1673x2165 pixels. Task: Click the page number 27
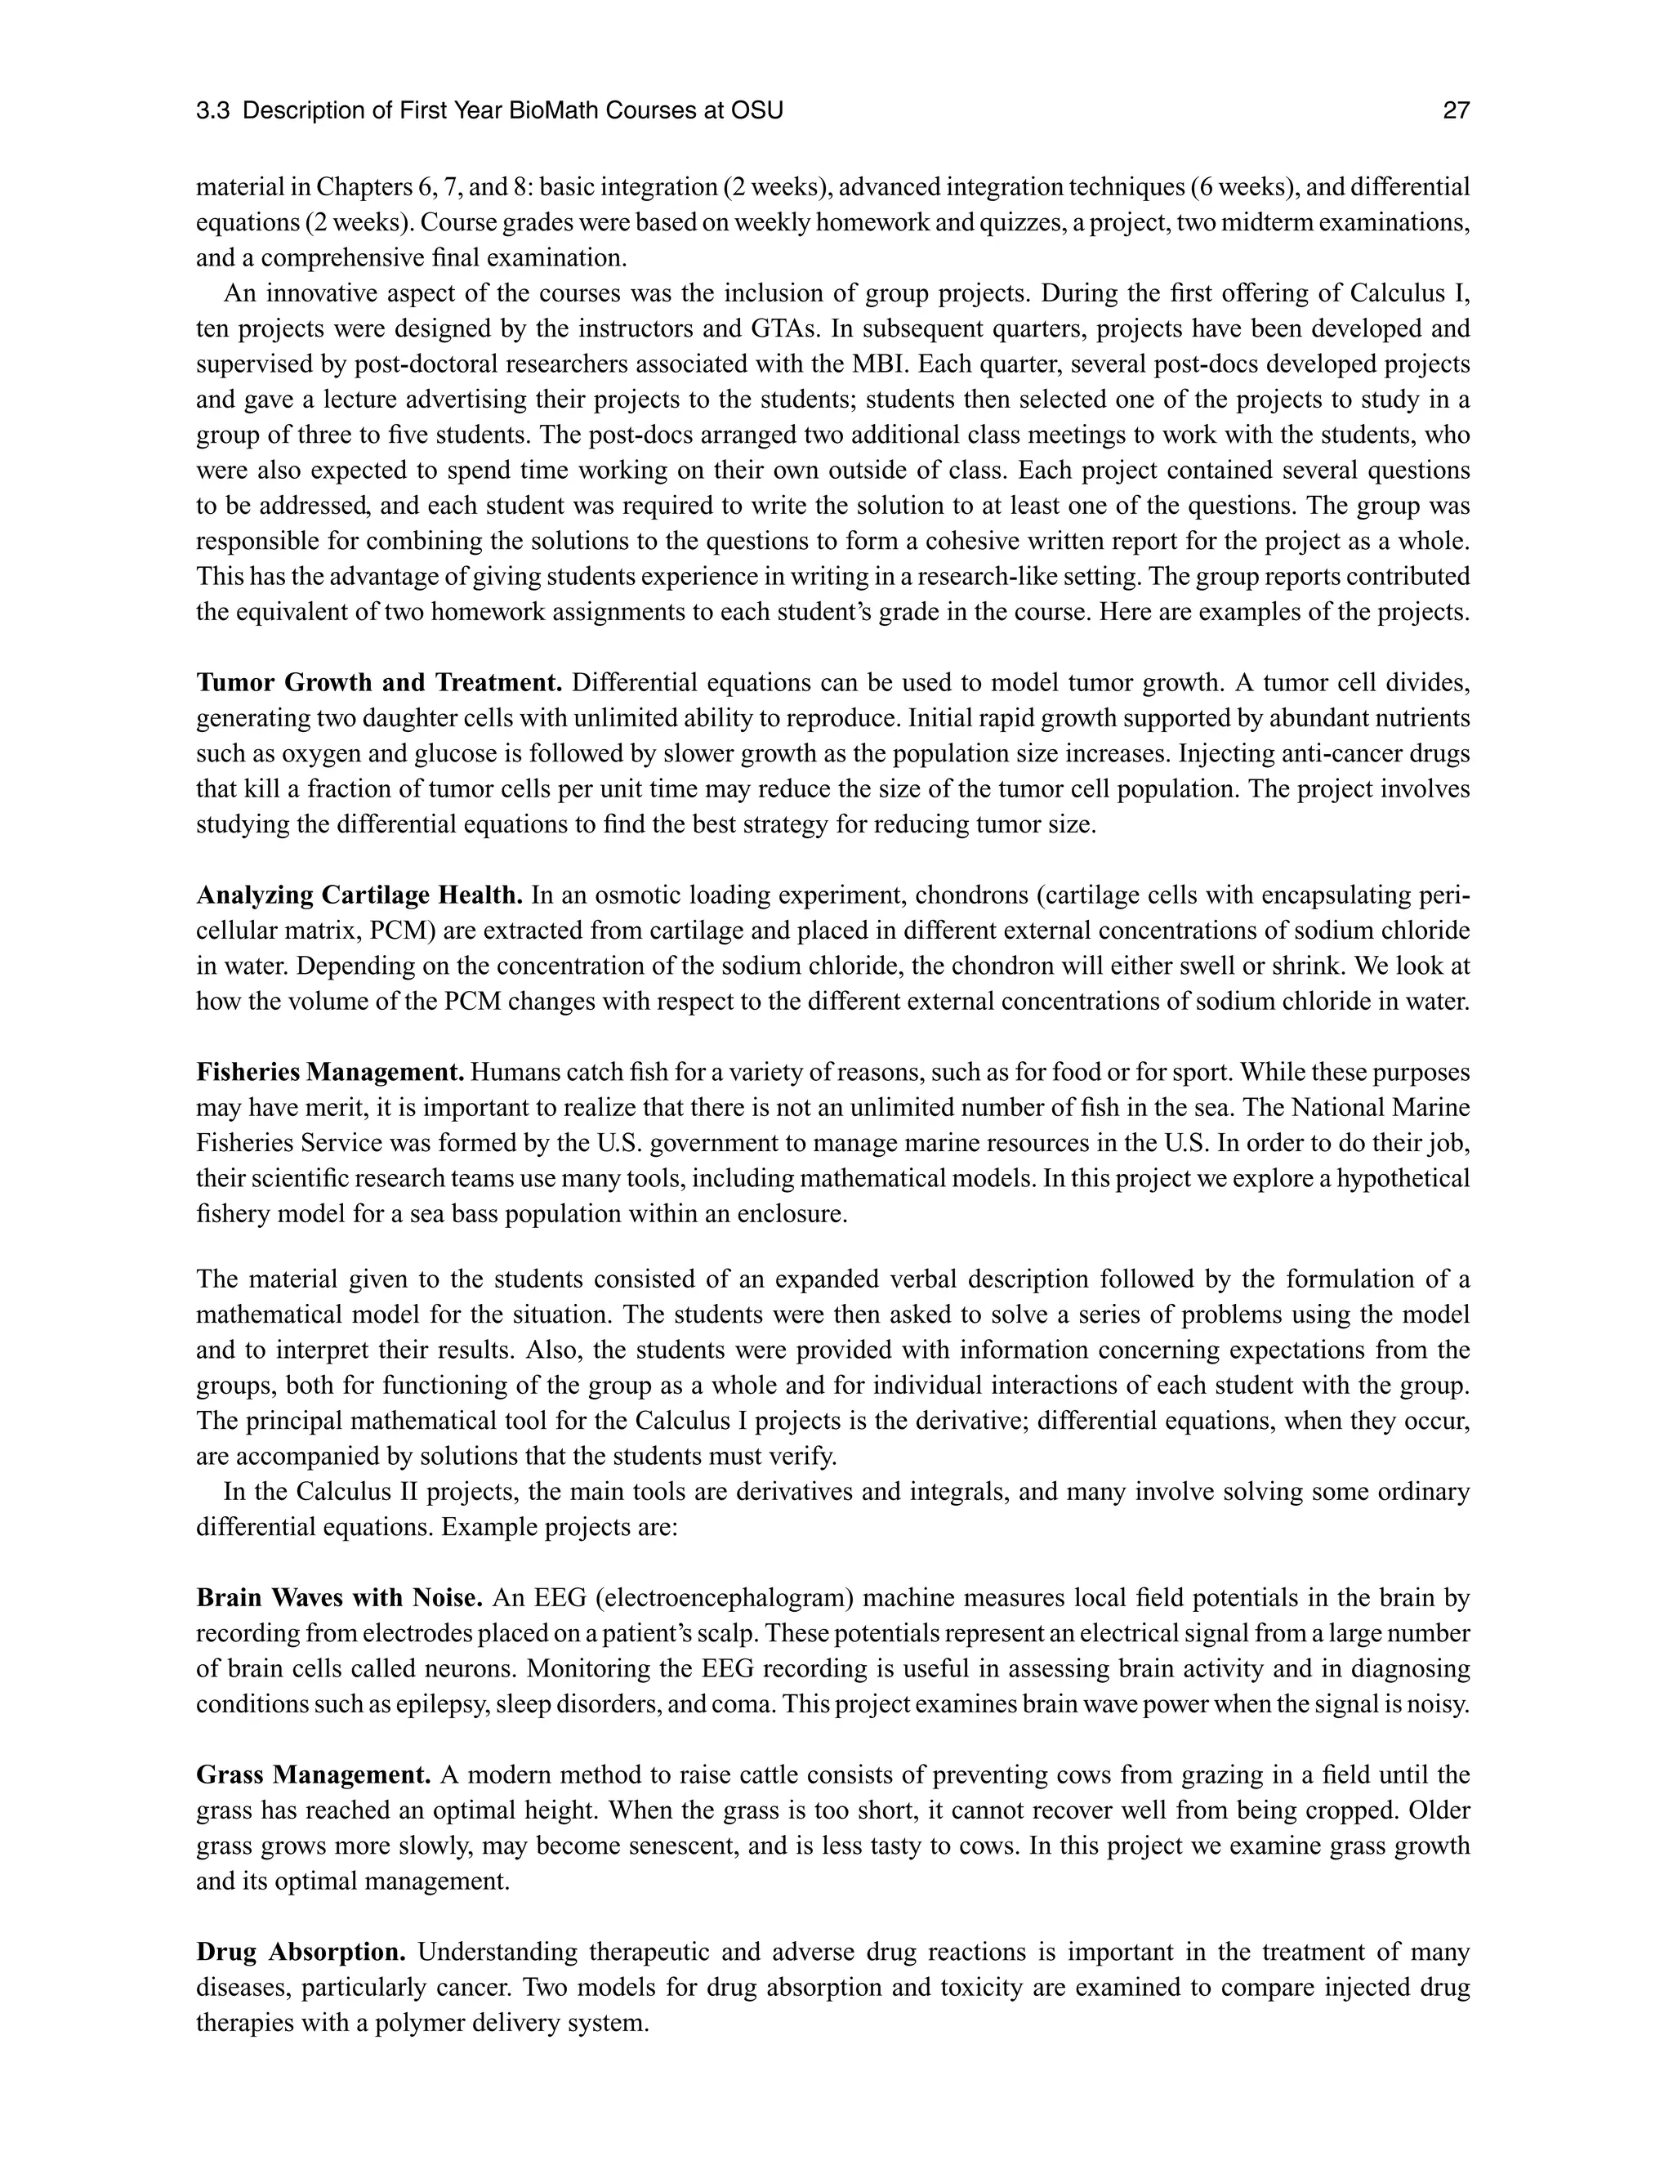1455,111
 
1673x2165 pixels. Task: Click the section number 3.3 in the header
213,111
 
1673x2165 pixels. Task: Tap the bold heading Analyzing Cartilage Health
359,895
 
